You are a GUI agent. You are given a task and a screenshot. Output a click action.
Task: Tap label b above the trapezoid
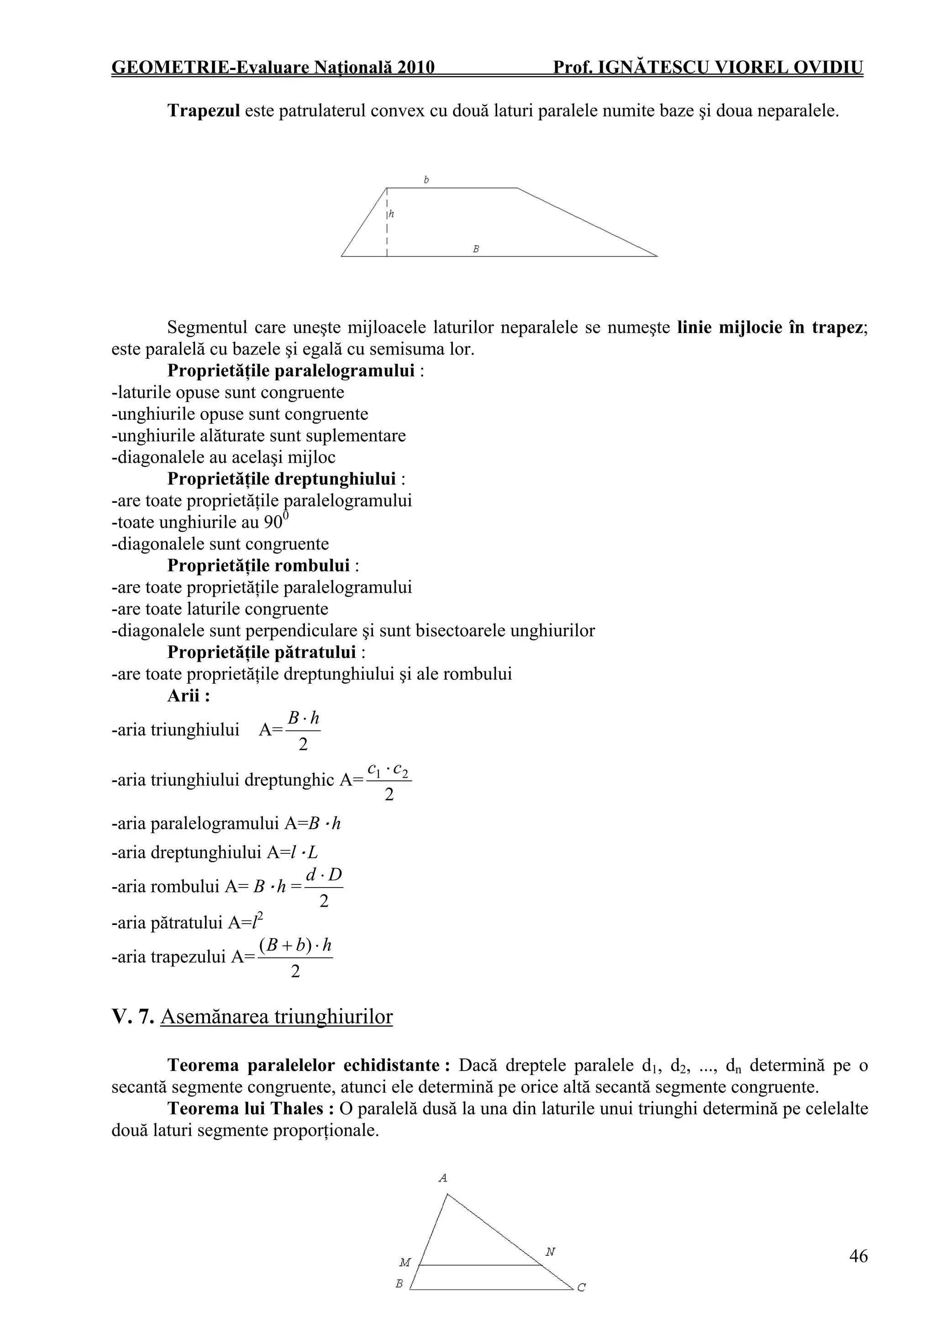(x=426, y=180)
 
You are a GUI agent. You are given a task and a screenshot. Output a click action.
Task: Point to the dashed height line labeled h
(x=387, y=225)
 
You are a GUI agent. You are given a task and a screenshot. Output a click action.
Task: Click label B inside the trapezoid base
(x=476, y=249)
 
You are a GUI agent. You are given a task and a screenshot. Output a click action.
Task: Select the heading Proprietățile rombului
(x=259, y=565)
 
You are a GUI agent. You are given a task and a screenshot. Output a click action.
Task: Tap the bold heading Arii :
(x=189, y=695)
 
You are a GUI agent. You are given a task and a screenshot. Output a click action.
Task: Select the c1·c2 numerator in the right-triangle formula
(x=389, y=770)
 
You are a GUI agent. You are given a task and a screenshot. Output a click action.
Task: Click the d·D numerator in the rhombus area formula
(x=324, y=875)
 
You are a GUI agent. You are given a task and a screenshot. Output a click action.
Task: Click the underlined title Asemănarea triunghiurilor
(x=277, y=1017)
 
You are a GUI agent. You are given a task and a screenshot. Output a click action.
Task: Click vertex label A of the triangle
(x=442, y=1179)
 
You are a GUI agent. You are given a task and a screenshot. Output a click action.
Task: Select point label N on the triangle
(x=550, y=1252)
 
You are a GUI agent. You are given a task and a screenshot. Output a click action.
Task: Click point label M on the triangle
(x=405, y=1263)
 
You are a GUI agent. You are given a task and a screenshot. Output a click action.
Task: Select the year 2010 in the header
(x=415, y=68)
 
